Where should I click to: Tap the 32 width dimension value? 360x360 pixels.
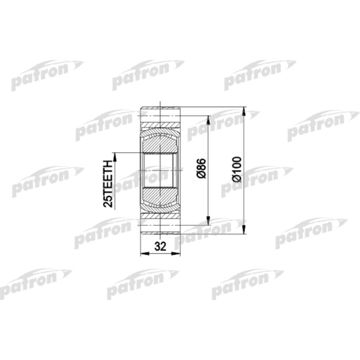point(160,246)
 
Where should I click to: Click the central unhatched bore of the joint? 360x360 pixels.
point(160,170)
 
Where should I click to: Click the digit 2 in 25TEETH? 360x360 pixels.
point(109,204)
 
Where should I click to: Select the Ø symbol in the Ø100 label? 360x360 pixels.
point(238,179)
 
